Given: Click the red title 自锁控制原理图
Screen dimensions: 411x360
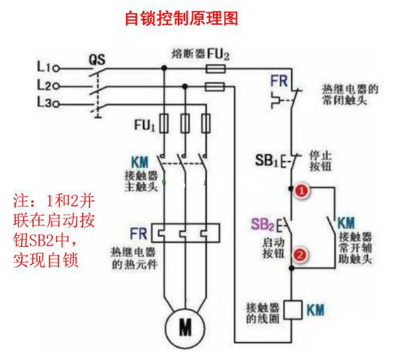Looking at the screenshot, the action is [x=182, y=19].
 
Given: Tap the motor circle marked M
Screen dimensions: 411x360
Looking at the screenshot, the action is [x=185, y=328].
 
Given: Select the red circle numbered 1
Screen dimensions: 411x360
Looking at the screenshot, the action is [x=301, y=191].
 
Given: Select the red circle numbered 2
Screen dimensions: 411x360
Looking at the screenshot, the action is [x=300, y=254].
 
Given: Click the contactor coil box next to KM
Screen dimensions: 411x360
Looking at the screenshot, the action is [x=293, y=310].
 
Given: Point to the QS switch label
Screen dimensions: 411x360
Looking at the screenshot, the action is [x=97, y=60].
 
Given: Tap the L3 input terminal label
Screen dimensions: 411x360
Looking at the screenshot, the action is [x=44, y=102].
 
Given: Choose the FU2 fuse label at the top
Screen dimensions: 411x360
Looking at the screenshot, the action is [x=219, y=55].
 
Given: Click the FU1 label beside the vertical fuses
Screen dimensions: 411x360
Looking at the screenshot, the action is [x=145, y=125].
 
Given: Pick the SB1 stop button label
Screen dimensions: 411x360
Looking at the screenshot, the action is [x=266, y=160].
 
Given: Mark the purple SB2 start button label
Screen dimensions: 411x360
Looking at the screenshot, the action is [x=262, y=224].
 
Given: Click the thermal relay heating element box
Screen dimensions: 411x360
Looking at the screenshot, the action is [x=186, y=233].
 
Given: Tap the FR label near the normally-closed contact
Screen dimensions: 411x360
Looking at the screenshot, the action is [x=279, y=81].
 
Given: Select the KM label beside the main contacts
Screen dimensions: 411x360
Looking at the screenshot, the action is [x=140, y=162].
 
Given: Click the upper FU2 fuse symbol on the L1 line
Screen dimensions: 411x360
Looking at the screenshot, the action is [x=216, y=69].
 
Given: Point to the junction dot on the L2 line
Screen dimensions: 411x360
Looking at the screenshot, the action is [x=185, y=86].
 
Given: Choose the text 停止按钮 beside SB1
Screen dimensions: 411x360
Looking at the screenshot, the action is [x=321, y=161].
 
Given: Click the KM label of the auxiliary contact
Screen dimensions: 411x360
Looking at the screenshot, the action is [x=346, y=223].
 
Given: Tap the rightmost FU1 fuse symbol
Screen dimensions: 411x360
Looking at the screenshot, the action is [x=206, y=123].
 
